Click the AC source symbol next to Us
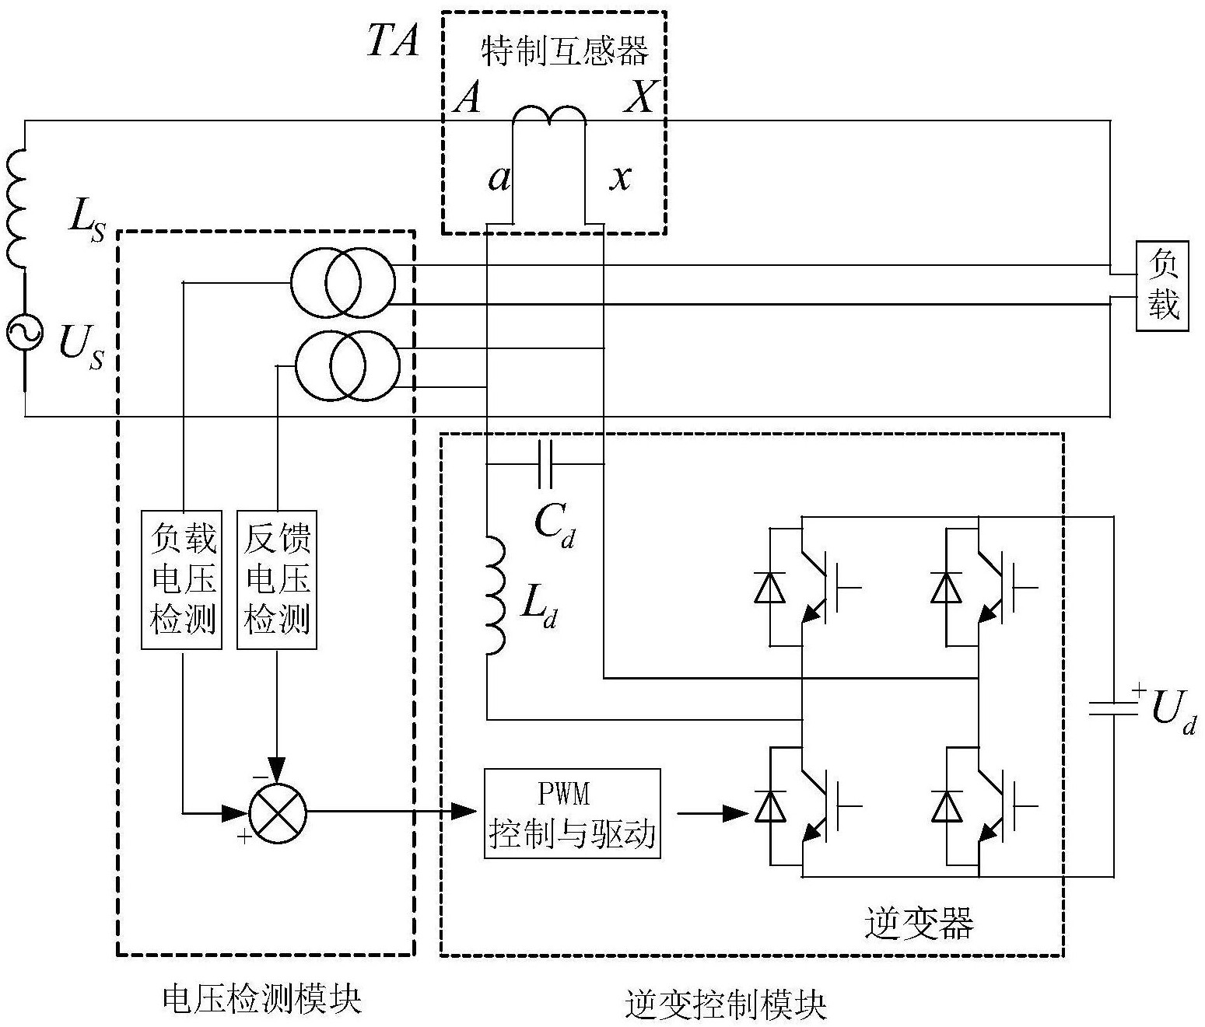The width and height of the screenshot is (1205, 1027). tap(24, 333)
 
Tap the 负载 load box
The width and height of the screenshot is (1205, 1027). tap(1162, 285)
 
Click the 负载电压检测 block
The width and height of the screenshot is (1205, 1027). tap(183, 579)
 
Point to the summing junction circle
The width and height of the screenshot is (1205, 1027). tap(278, 813)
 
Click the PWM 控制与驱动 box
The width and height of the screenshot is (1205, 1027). tap(572, 813)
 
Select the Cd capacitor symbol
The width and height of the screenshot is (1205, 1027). tap(545, 465)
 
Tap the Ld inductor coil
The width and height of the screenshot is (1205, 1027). tap(494, 595)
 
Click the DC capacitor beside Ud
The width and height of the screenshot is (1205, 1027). tap(1113, 707)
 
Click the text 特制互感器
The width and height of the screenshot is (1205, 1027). tap(565, 52)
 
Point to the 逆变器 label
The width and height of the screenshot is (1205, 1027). tap(919, 924)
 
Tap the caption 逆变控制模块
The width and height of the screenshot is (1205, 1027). tap(725, 1004)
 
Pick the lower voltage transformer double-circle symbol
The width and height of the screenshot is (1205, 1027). tap(347, 365)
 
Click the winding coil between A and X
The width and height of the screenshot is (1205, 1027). tap(549, 114)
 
